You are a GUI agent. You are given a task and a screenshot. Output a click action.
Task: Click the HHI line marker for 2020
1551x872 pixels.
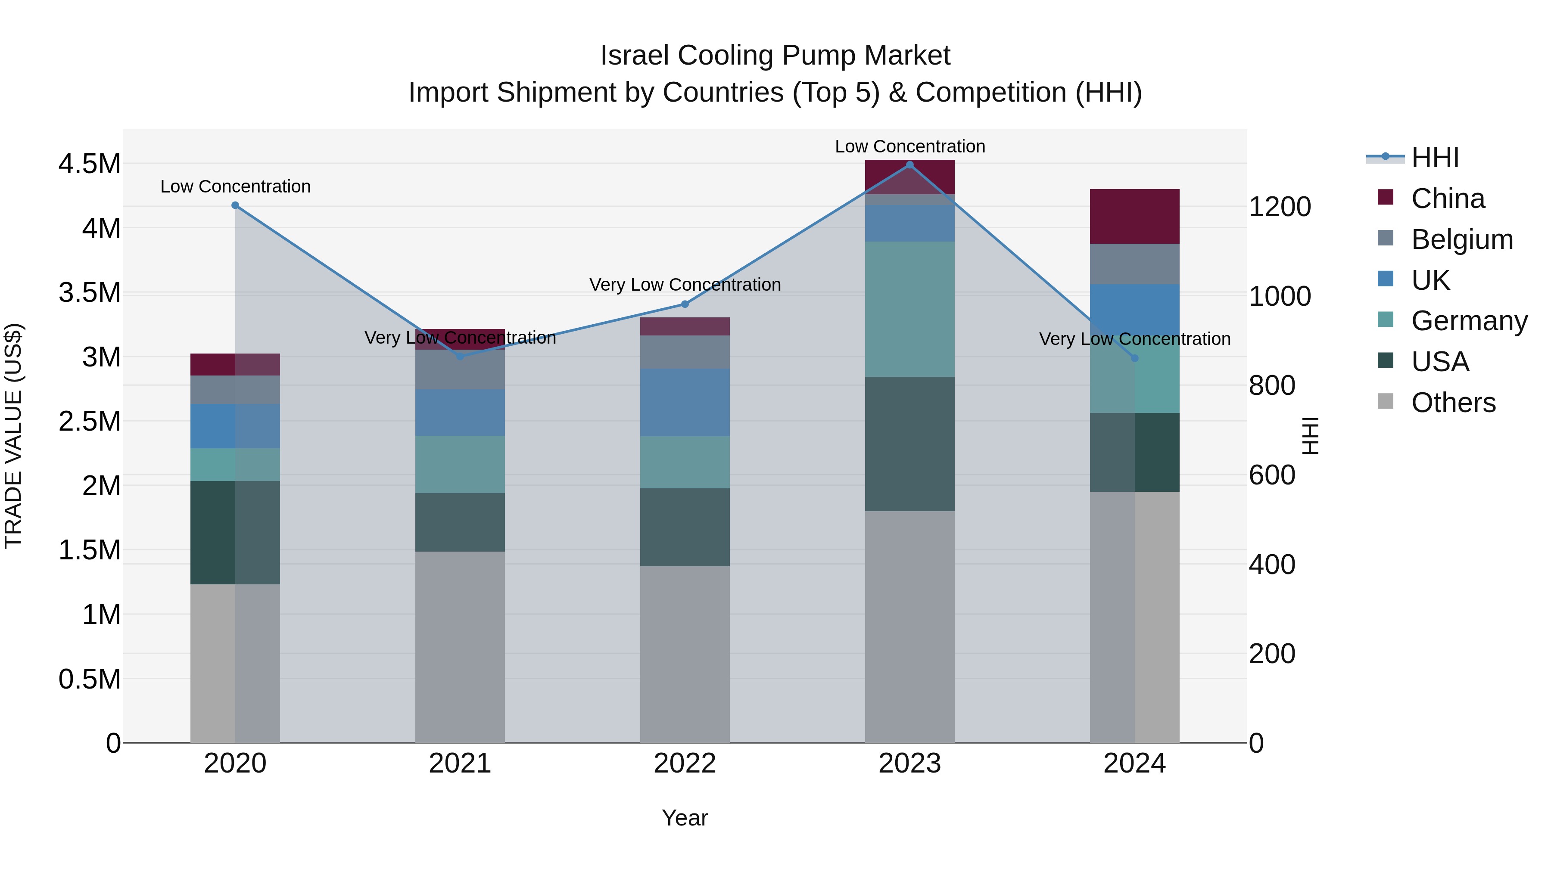235,205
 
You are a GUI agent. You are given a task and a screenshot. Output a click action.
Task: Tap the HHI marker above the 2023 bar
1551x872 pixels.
910,165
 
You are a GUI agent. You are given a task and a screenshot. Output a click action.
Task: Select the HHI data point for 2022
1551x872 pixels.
685,304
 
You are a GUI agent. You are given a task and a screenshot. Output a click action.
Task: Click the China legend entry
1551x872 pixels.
1448,199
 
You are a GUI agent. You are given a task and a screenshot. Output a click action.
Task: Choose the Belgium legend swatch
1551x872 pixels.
1386,238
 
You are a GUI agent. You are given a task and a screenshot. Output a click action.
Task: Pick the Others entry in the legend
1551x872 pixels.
1453,403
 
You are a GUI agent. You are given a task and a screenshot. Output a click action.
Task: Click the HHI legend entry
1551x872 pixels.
1435,158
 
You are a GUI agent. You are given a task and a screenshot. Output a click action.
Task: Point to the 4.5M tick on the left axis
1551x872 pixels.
90,164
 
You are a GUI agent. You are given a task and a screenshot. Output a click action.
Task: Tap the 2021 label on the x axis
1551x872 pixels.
460,763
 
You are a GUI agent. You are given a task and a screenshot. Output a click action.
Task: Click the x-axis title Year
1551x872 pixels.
685,818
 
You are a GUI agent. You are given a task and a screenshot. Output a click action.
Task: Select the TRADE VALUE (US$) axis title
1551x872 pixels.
13,436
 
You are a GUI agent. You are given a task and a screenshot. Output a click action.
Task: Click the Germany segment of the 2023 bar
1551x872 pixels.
910,309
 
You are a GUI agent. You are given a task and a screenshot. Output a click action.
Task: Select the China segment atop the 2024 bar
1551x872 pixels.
1134,216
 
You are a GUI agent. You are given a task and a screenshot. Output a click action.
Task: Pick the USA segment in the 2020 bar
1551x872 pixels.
235,533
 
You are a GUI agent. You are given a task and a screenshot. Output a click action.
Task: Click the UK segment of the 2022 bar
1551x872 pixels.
685,402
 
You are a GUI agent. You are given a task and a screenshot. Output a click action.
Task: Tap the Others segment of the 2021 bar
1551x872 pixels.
460,647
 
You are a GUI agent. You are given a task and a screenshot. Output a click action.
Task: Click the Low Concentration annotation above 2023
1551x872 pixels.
910,146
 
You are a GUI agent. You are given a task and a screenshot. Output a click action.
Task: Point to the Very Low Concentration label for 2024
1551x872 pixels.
1134,339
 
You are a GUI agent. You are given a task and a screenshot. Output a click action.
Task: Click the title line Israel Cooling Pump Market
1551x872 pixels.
775,56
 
